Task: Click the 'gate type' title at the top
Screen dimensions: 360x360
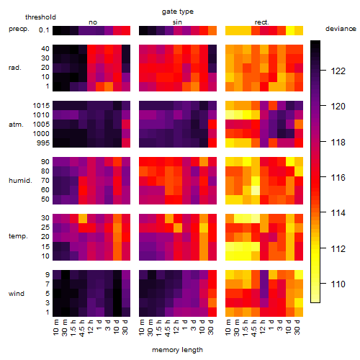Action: click(178, 12)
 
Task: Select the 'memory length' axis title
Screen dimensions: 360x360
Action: click(177, 350)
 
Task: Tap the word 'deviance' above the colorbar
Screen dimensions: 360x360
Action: click(341, 29)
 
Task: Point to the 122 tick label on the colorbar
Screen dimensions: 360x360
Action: click(338, 71)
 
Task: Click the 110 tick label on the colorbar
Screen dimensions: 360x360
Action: click(338, 284)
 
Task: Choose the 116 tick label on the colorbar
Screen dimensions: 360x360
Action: click(338, 178)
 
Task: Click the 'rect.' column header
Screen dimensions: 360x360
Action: click(262, 22)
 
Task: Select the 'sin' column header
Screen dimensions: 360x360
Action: click(177, 22)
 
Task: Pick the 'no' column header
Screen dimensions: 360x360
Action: click(93, 22)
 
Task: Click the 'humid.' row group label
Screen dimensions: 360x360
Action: click(20, 181)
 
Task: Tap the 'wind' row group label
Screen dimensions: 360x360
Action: click(17, 294)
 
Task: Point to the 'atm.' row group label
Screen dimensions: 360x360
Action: click(16, 125)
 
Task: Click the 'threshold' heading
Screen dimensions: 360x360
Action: click(40, 17)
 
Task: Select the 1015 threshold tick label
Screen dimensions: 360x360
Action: click(41, 106)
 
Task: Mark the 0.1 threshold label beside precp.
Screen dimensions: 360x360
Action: click(44, 30)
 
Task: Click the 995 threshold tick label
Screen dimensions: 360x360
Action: click(43, 143)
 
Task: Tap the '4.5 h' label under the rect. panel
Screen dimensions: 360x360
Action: click(253, 328)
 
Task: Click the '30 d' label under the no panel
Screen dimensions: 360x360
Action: click(125, 327)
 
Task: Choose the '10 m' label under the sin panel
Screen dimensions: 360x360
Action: click(143, 328)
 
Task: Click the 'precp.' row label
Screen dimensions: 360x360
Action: click(19, 29)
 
